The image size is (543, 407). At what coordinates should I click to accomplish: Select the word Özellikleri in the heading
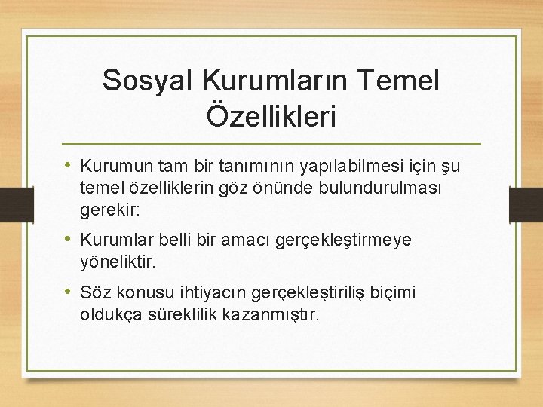[271, 117]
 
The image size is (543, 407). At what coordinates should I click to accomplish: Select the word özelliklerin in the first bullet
[169, 186]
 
